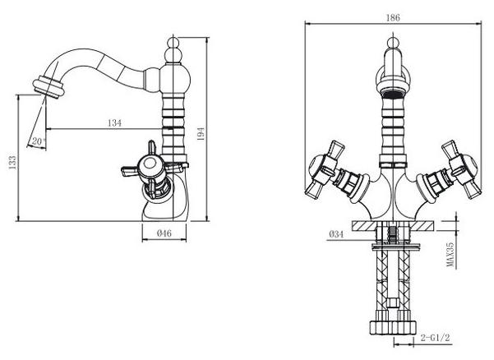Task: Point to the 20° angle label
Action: coord(38,141)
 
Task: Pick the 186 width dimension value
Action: coord(394,16)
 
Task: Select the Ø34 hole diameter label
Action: coord(335,234)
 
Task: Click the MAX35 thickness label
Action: coord(451,255)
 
